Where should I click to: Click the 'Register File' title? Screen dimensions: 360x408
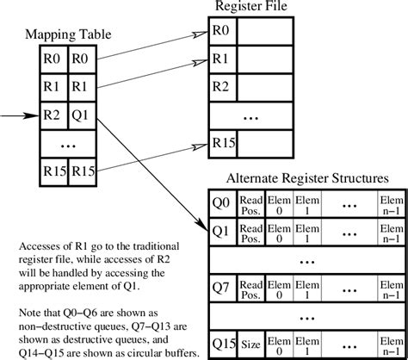[251, 9]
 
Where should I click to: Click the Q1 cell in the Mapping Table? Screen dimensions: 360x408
[81, 114]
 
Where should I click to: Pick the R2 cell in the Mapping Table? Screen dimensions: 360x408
[53, 114]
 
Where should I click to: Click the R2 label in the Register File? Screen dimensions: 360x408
[222, 88]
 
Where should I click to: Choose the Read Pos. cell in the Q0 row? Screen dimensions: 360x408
[250, 203]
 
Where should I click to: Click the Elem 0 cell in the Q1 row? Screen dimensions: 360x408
[278, 231]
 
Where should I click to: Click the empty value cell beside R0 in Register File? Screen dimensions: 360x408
[265, 33]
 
